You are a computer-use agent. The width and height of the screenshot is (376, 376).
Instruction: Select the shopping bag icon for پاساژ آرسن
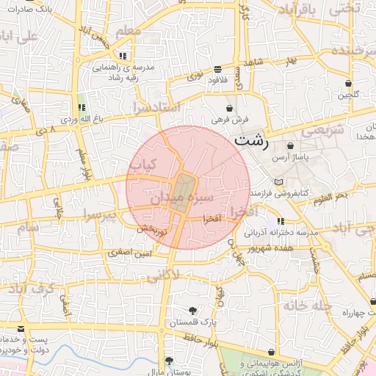pos(292,146)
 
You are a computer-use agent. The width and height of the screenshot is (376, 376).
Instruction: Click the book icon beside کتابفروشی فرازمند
pos(278,182)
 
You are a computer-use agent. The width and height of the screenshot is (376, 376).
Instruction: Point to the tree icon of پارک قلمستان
pos(192,311)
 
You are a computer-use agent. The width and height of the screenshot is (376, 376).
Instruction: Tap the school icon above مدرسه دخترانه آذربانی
pos(281,221)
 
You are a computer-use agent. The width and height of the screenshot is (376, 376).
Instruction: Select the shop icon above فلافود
pos(217,69)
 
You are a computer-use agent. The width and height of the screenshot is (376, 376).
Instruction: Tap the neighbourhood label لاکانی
pos(163,276)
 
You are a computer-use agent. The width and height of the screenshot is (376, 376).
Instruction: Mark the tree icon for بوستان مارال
pos(170,361)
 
